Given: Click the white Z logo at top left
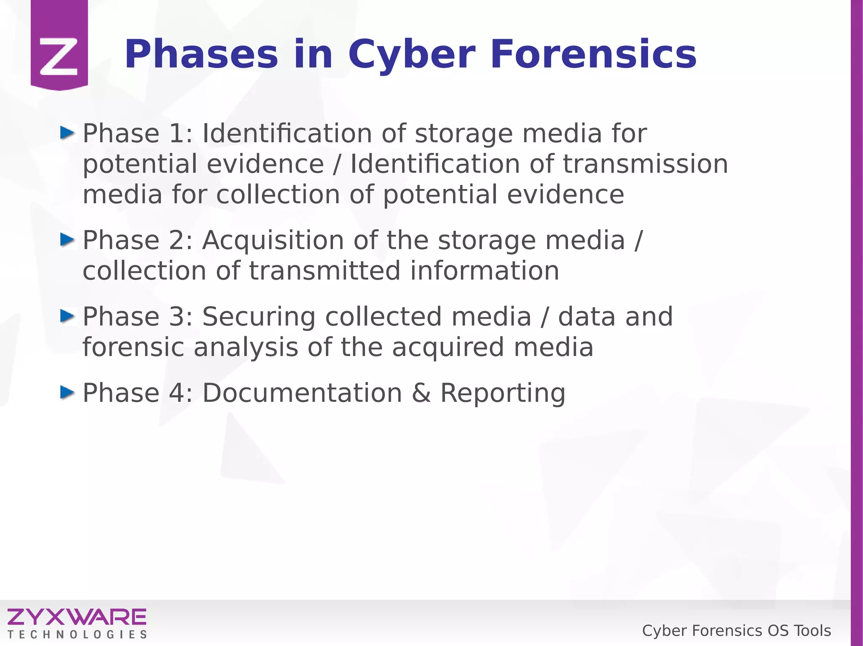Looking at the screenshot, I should [59, 57].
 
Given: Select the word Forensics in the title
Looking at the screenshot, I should [593, 55].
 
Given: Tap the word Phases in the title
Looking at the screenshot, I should [201, 55].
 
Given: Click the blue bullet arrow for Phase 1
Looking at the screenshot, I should [67, 133].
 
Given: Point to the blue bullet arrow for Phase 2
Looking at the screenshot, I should [67, 240].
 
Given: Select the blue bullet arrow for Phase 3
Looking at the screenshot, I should [67, 316].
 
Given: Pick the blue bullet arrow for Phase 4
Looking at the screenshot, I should [67, 393].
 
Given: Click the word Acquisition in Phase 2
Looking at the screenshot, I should [273, 241].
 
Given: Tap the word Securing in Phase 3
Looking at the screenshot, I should [259, 317].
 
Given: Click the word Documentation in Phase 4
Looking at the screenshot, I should [302, 393].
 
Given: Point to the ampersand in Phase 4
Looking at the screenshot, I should [421, 393].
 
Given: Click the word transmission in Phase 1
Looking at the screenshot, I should [645, 164].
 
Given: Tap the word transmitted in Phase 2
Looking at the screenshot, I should [324, 271].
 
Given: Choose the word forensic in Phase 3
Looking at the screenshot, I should [133, 347].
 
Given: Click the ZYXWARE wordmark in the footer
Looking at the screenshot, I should [77, 617].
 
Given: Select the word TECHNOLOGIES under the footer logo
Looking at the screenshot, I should [77, 635].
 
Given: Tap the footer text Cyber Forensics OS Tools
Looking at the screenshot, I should [736, 631].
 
